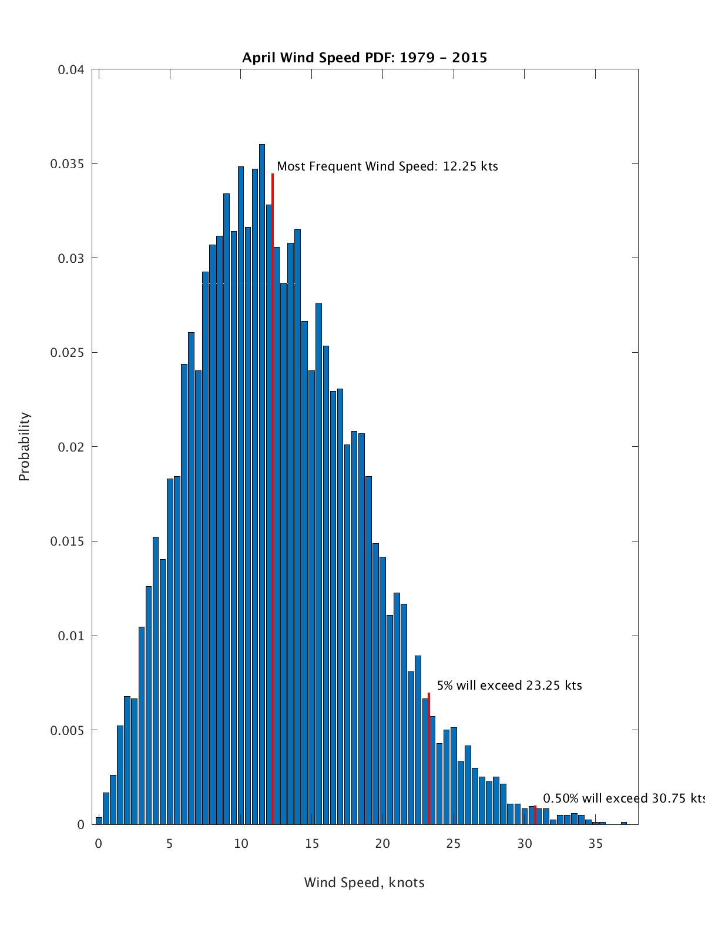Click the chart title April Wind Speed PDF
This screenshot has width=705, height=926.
point(364,58)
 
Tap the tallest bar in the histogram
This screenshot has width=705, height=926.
point(262,482)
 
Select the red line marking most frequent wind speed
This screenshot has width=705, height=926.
point(273,500)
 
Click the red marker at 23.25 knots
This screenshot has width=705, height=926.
point(429,758)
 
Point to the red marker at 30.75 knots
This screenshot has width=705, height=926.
point(535,815)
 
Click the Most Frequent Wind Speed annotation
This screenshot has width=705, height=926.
point(387,166)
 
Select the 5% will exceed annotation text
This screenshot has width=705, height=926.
point(509,686)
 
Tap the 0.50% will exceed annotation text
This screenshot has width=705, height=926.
point(623,798)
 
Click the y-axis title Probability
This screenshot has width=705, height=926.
point(24,447)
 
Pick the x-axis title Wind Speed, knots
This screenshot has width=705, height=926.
point(364,882)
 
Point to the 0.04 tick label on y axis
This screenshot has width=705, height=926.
point(71,70)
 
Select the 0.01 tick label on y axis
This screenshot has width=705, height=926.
point(71,636)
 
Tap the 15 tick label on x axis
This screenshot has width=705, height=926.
point(312,844)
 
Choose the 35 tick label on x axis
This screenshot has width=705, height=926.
point(596,844)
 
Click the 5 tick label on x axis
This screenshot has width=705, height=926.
point(170,844)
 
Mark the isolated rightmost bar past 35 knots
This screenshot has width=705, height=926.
point(624,823)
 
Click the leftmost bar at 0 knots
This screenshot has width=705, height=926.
point(99,821)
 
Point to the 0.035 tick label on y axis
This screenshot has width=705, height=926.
point(68,164)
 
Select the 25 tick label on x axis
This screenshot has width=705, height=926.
point(454,844)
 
